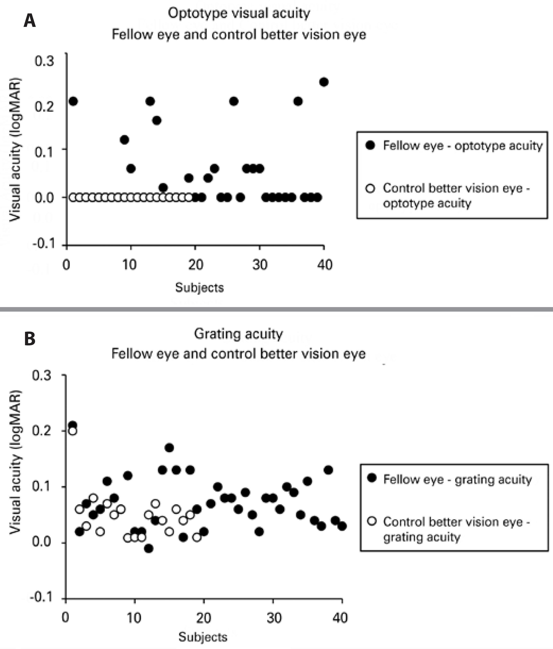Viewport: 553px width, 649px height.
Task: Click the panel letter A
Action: point(30,21)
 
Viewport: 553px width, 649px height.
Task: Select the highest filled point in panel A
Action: point(324,82)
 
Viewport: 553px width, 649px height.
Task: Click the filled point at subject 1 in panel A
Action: point(73,101)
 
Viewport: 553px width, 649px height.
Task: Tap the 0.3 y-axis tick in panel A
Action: point(44,61)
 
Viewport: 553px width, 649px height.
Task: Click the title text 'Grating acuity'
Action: point(238,334)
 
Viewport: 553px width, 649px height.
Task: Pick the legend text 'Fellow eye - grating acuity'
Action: point(457,480)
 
